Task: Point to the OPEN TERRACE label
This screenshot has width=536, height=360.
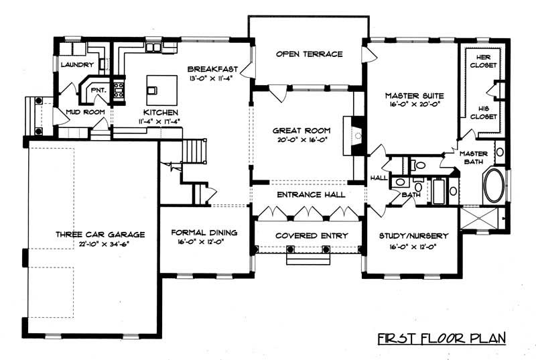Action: (x=309, y=54)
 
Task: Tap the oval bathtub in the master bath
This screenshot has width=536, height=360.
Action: (x=496, y=186)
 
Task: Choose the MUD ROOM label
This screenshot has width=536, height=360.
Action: (x=82, y=112)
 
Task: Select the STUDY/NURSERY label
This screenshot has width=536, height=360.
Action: (x=409, y=236)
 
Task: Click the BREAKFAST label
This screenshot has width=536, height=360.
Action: (x=209, y=69)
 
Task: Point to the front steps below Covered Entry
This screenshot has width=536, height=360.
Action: (x=308, y=258)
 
